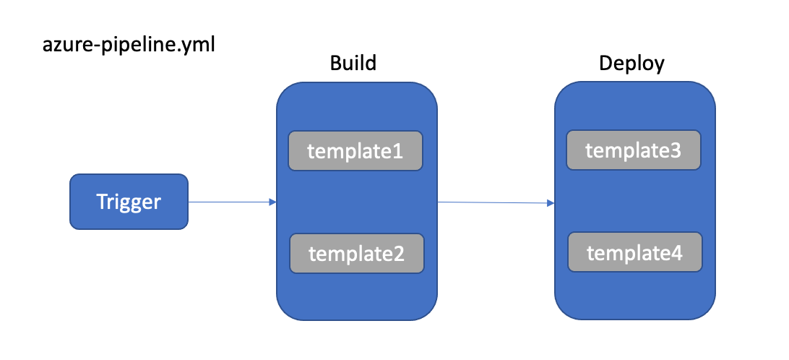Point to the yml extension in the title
tap(199, 46)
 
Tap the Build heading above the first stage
tap(353, 63)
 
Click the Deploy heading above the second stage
tap(632, 64)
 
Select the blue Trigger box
tap(129, 202)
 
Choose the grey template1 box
tap(355, 151)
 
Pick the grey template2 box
tap(356, 254)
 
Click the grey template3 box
tap(633, 150)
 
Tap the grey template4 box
tap(634, 253)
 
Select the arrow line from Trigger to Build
tap(228, 202)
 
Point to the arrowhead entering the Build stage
tap(273, 202)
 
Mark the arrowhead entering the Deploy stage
tap(551, 204)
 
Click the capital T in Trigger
tap(102, 202)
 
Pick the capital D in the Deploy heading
tap(605, 64)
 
